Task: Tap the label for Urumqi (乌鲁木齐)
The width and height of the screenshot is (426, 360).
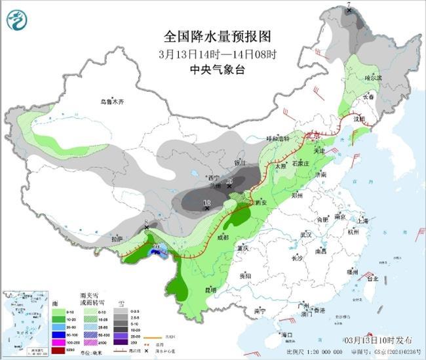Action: pos(111,102)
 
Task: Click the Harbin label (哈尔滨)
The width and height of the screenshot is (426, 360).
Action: pos(372,77)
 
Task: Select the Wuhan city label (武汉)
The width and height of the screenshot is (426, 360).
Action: pos(305,234)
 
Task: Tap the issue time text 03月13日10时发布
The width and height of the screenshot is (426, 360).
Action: pos(378,341)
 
